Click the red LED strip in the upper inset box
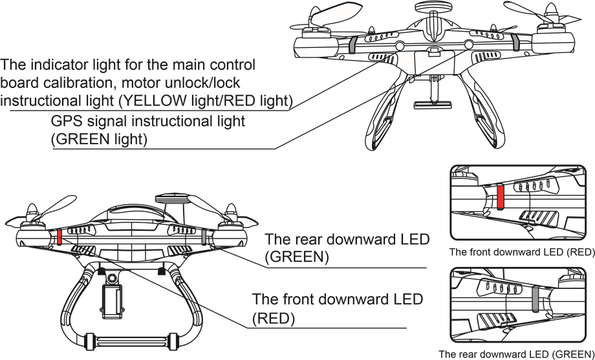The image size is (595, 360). click(501, 197)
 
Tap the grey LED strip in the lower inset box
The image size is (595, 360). click(535, 299)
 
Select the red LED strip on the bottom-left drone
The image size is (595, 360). click(59, 237)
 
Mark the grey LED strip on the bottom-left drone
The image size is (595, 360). click(204, 237)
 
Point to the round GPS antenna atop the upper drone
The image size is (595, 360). click(432, 6)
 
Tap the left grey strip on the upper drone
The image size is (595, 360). click(352, 45)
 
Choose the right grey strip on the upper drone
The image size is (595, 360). click(515, 42)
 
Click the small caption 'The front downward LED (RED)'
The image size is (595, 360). click(522, 252)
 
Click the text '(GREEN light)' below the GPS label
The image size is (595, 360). click(99, 140)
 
